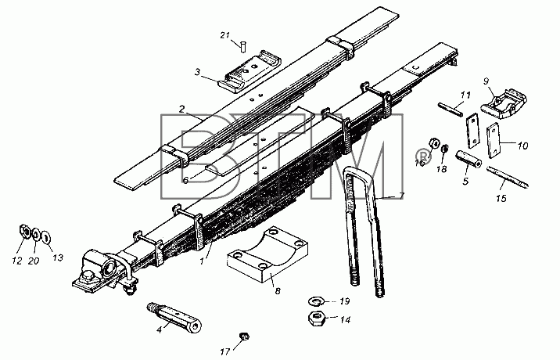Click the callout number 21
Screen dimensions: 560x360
click(x=224, y=35)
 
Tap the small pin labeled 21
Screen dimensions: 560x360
click(x=243, y=47)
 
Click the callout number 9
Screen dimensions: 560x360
click(x=486, y=81)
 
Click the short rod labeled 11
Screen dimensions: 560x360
click(x=451, y=110)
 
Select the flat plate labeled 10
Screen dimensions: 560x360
click(x=494, y=141)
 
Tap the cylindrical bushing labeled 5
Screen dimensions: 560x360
click(x=468, y=160)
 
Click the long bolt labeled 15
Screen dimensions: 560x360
click(x=508, y=178)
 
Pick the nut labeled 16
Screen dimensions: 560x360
click(x=433, y=143)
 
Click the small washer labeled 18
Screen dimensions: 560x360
click(x=445, y=148)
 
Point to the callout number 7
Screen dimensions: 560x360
click(x=401, y=196)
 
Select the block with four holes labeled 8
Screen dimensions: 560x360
click(x=267, y=254)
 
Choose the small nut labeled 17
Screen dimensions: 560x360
click(x=244, y=337)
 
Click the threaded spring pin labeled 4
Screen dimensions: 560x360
click(x=174, y=319)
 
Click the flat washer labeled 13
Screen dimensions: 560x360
click(x=46, y=236)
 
